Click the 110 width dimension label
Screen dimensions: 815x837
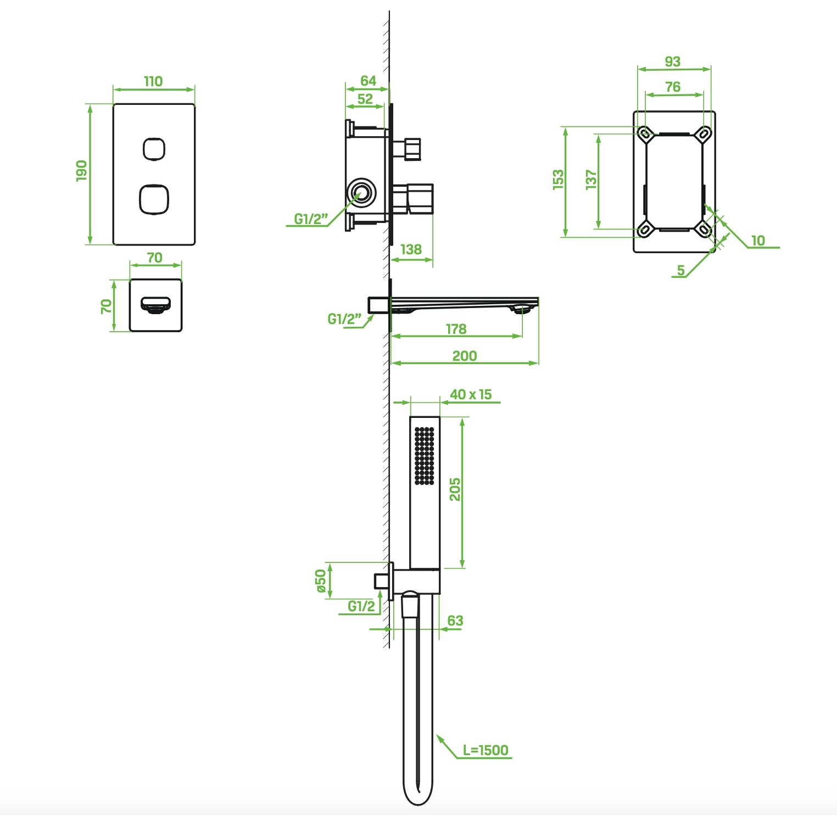(x=153, y=81)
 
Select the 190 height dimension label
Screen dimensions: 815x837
(x=81, y=171)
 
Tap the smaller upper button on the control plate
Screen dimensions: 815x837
(x=154, y=149)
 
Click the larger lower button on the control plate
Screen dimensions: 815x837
(x=154, y=199)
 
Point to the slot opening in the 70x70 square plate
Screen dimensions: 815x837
(x=155, y=304)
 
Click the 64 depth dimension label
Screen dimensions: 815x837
(x=368, y=81)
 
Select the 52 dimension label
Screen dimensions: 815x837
(x=365, y=99)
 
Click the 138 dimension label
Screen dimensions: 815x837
(x=411, y=249)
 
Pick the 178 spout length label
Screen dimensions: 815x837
(x=456, y=328)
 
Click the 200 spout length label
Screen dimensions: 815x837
(x=464, y=356)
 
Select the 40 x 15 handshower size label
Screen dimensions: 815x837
(x=471, y=394)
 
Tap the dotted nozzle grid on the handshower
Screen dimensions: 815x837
(x=424, y=456)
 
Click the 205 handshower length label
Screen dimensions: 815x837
(x=455, y=489)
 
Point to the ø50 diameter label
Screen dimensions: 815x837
(x=321, y=581)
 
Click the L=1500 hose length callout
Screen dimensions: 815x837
(x=486, y=750)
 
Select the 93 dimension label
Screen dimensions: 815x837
(x=672, y=62)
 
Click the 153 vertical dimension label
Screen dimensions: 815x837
(x=558, y=180)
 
